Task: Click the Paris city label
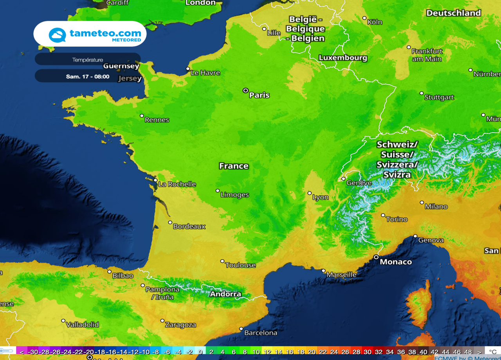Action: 259,95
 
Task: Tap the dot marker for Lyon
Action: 310,193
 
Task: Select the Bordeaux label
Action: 189,227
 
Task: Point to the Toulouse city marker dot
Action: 222,261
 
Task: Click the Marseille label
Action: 341,275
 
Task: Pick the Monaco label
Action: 396,262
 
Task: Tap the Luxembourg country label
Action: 343,58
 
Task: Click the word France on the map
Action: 234,166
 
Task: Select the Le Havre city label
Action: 205,73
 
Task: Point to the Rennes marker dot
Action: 142,116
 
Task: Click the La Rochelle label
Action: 177,184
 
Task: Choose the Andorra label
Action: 225,294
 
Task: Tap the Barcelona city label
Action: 260,333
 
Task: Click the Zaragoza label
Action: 180,325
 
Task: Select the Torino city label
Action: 396,220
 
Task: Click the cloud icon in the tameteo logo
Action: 57,35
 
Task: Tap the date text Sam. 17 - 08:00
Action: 88,77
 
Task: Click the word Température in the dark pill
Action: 88,60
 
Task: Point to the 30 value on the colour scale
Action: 367,352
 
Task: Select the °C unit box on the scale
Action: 492,352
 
